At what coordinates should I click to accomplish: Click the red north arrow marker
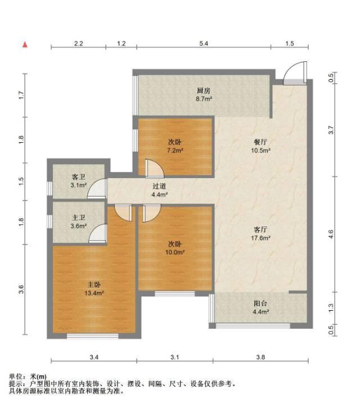pyautogui.click(x=25, y=45)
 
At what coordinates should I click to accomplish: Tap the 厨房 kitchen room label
pyautogui.click(x=204, y=91)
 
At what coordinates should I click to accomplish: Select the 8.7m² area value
pyautogui.click(x=204, y=99)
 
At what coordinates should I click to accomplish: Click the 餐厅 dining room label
pyautogui.click(x=260, y=142)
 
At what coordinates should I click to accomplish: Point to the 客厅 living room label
pyautogui.click(x=260, y=229)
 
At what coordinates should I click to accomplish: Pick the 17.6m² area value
pyautogui.click(x=260, y=238)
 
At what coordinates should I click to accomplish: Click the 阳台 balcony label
pyautogui.click(x=260, y=303)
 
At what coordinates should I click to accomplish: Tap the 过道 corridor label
pyautogui.click(x=159, y=187)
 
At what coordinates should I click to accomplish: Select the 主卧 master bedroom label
pyautogui.click(x=94, y=285)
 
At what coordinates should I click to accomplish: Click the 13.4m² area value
pyautogui.click(x=94, y=293)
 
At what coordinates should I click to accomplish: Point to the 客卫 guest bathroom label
pyautogui.click(x=78, y=177)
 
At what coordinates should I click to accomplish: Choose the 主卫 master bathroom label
pyautogui.click(x=78, y=218)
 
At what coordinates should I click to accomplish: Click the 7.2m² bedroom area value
pyautogui.click(x=175, y=150)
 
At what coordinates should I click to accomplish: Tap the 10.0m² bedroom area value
pyautogui.click(x=175, y=252)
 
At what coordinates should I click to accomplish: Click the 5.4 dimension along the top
pyautogui.click(x=204, y=43)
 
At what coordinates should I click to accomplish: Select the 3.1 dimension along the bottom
pyautogui.click(x=175, y=357)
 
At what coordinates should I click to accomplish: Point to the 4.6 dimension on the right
pyautogui.click(x=331, y=234)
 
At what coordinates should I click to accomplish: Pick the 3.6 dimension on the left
pyautogui.click(x=21, y=289)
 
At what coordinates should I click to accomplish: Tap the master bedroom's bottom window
pyautogui.click(x=93, y=336)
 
